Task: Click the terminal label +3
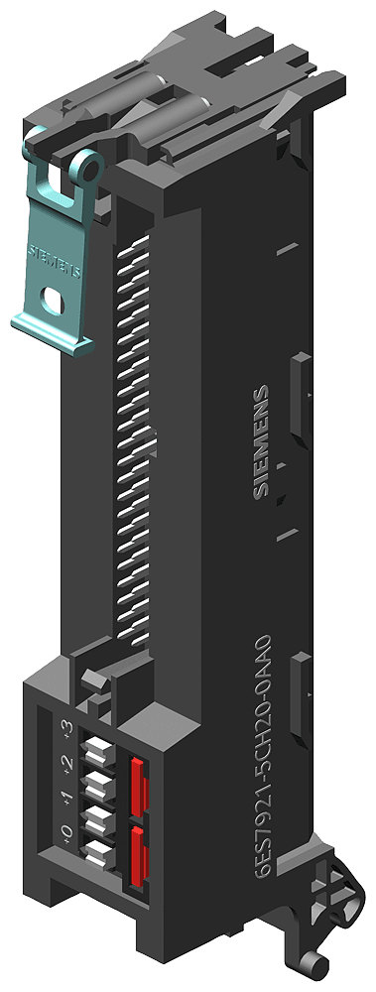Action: [67, 732]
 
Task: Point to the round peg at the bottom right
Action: [315, 963]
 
